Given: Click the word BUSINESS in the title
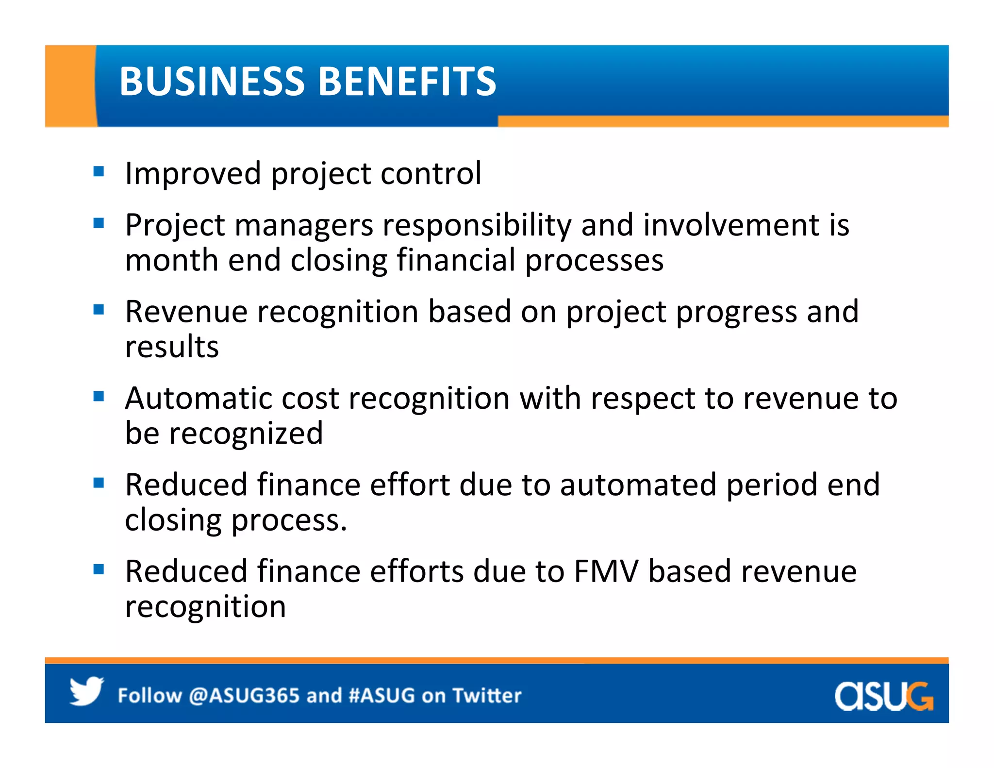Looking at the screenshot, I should [x=212, y=81].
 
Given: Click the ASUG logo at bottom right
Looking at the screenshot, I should [x=883, y=696].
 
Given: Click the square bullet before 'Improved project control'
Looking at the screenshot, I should [x=99, y=171].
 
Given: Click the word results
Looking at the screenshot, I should [x=172, y=347].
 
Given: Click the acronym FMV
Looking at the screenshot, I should [x=606, y=571].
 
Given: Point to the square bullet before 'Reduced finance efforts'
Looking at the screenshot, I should [x=99, y=569].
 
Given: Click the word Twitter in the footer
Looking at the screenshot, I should [x=487, y=696].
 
